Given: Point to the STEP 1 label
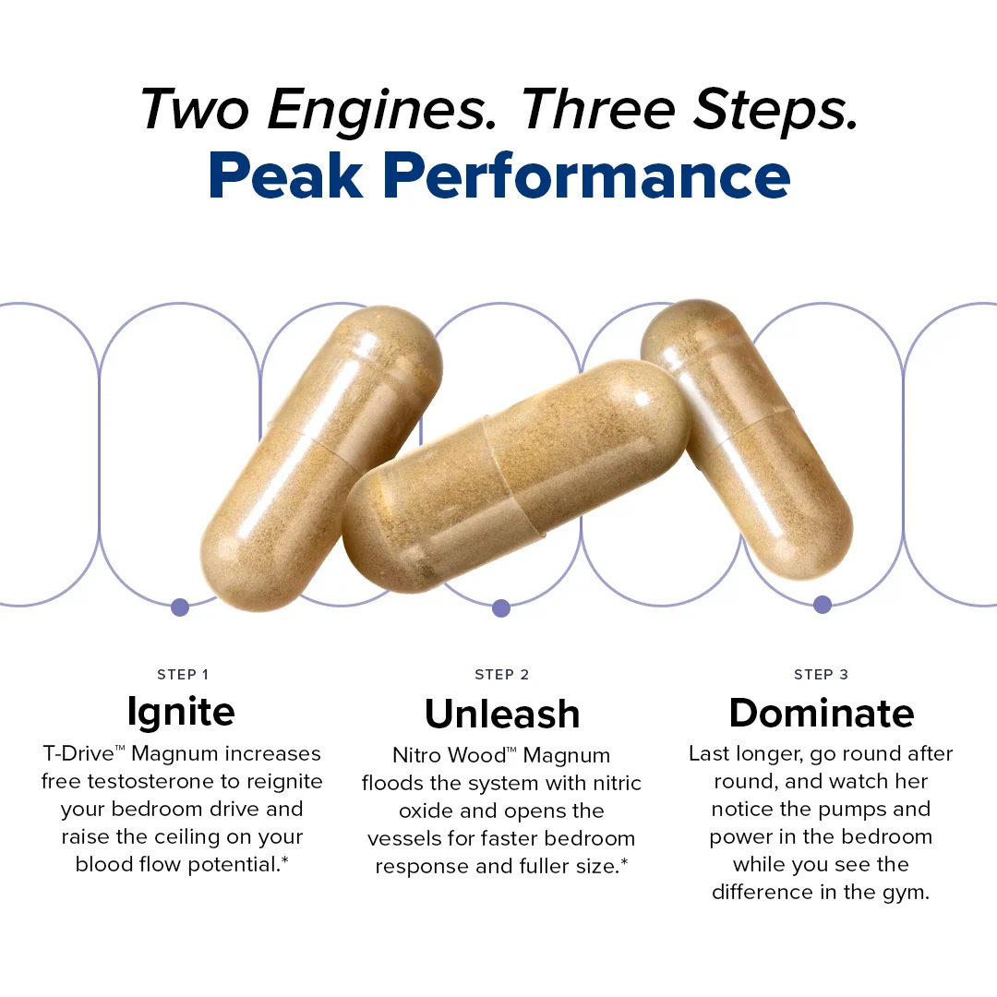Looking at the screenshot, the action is [183, 675].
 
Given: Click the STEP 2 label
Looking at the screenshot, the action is [501, 675].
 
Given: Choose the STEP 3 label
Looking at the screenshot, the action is [821, 675].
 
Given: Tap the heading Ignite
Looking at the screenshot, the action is [181, 712].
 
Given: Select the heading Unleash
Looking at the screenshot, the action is [502, 714].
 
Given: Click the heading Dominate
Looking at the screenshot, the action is [822, 713].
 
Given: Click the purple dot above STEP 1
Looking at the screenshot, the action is [180, 607].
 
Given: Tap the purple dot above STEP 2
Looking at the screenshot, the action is [501, 607].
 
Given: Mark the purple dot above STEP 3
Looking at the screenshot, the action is [823, 605].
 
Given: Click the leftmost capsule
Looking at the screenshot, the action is [321, 458].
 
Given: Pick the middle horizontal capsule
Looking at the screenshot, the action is [516, 477].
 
